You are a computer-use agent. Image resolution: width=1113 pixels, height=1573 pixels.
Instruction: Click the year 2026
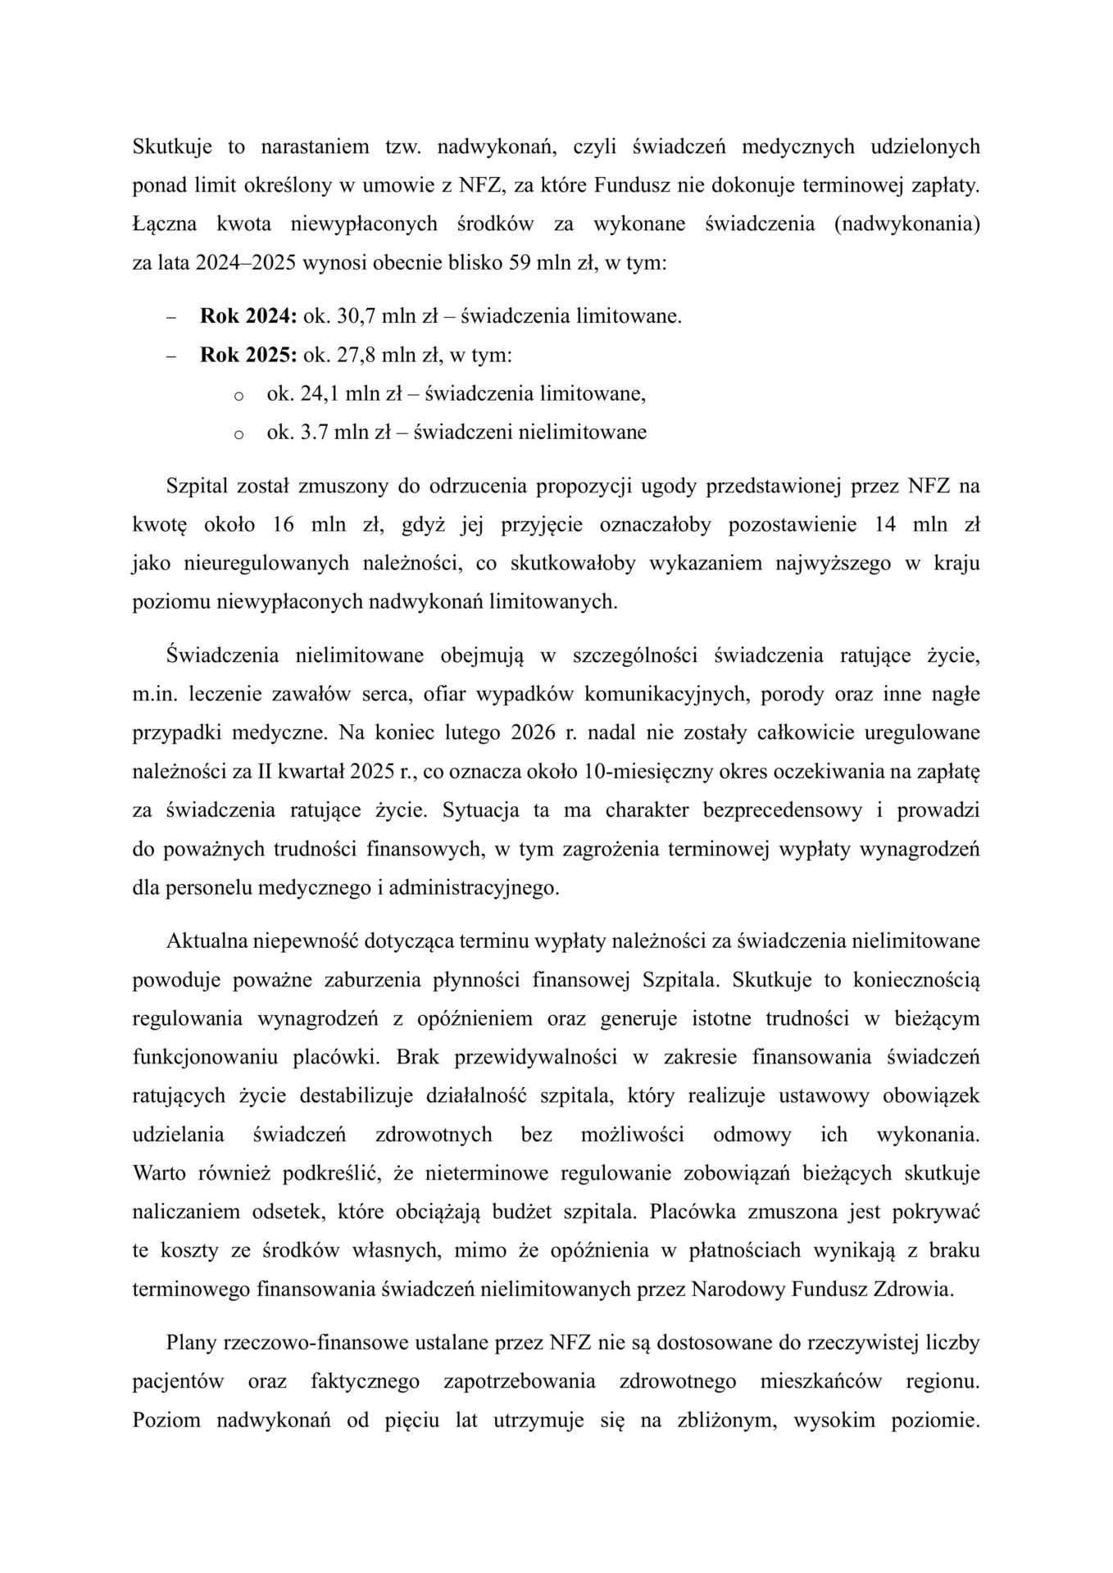534,732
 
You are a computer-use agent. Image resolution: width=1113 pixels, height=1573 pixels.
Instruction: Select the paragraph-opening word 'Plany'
189,1343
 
